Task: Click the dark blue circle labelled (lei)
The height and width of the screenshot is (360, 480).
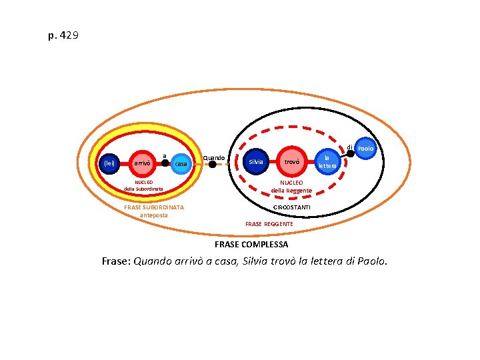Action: [x=109, y=163]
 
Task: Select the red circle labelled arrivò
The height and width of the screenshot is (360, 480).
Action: [x=141, y=163]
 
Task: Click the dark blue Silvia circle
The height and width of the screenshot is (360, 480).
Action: [x=256, y=162]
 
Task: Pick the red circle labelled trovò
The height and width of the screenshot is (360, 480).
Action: [x=292, y=162]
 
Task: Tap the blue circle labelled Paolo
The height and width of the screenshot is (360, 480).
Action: [x=365, y=148]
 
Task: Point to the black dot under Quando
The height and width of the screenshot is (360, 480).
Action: [x=213, y=163]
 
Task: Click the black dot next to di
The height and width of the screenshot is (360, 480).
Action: [x=350, y=153]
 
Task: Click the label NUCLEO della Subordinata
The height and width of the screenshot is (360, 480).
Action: [x=143, y=185]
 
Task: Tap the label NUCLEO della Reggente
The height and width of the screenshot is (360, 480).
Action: [x=291, y=187]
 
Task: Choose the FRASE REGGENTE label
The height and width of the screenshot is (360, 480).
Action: [x=269, y=224]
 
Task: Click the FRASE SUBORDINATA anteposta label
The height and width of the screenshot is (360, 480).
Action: [x=154, y=211]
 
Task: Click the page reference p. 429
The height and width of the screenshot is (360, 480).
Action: [x=63, y=35]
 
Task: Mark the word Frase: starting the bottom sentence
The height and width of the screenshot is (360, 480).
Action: [x=116, y=261]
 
